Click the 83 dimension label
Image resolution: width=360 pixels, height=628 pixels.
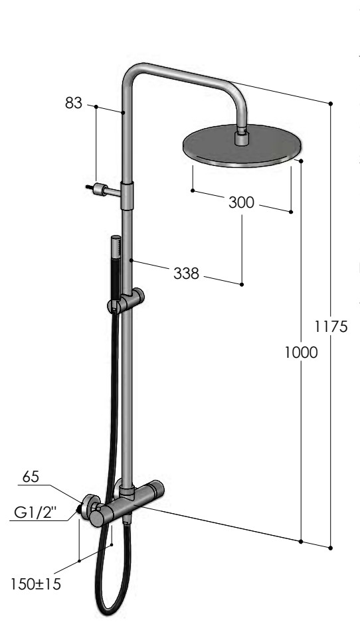coord(73,104)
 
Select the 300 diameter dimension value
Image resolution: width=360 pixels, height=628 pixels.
coord(241,202)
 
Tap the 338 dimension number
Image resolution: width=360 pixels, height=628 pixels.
coord(186,273)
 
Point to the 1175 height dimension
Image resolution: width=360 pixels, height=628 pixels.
coord(330,327)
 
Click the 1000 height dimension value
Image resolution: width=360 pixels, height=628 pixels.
coord(301,353)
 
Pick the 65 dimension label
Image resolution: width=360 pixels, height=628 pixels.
coord(31,477)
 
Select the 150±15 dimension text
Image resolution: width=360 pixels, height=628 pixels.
coord(36,584)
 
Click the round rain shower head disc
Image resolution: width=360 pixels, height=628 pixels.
coord(240,146)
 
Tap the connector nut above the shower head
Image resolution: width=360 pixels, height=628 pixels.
coord(241,137)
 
